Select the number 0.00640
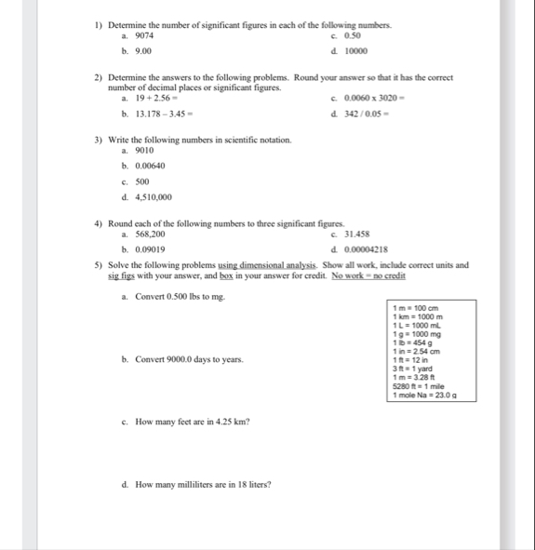pos(152,165)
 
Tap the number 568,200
pos(152,233)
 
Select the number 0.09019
pos(151,249)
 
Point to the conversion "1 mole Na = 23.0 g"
pos(424,395)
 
